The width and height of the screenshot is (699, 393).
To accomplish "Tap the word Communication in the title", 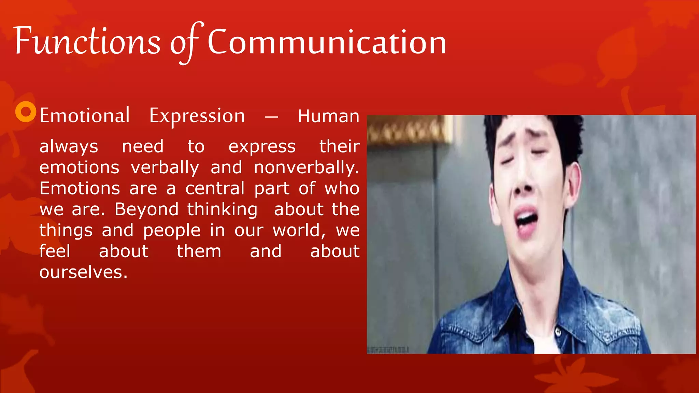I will tap(327, 42).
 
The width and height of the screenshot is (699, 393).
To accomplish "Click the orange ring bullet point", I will tap(26, 112).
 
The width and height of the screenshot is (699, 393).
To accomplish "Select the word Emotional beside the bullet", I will tap(84, 116).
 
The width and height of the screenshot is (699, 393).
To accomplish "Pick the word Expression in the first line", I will tap(197, 116).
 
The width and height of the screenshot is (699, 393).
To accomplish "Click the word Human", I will tap(328, 116).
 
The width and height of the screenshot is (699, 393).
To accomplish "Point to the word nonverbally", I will tap(306, 168).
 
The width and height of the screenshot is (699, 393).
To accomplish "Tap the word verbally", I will tap(165, 168).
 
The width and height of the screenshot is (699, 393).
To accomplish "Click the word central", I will tap(215, 189).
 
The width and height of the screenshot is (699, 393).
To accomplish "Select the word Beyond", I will tap(146, 209).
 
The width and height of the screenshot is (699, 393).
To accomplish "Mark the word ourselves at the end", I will tap(83, 273).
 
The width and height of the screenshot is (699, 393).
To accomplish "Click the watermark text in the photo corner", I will tap(388, 350).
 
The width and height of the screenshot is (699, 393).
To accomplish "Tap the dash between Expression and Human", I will tap(271, 117).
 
